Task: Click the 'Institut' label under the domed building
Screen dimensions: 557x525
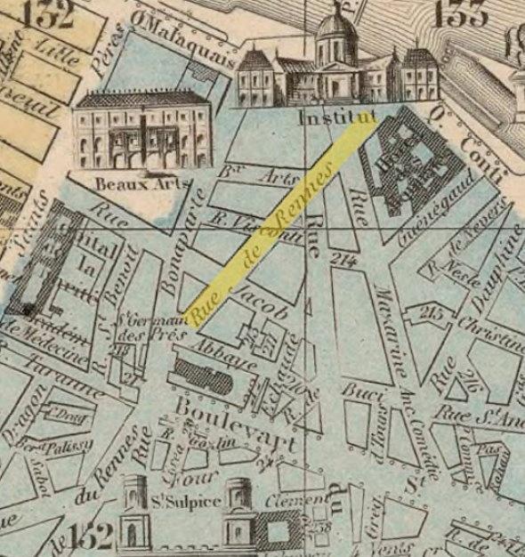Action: tap(336, 117)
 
